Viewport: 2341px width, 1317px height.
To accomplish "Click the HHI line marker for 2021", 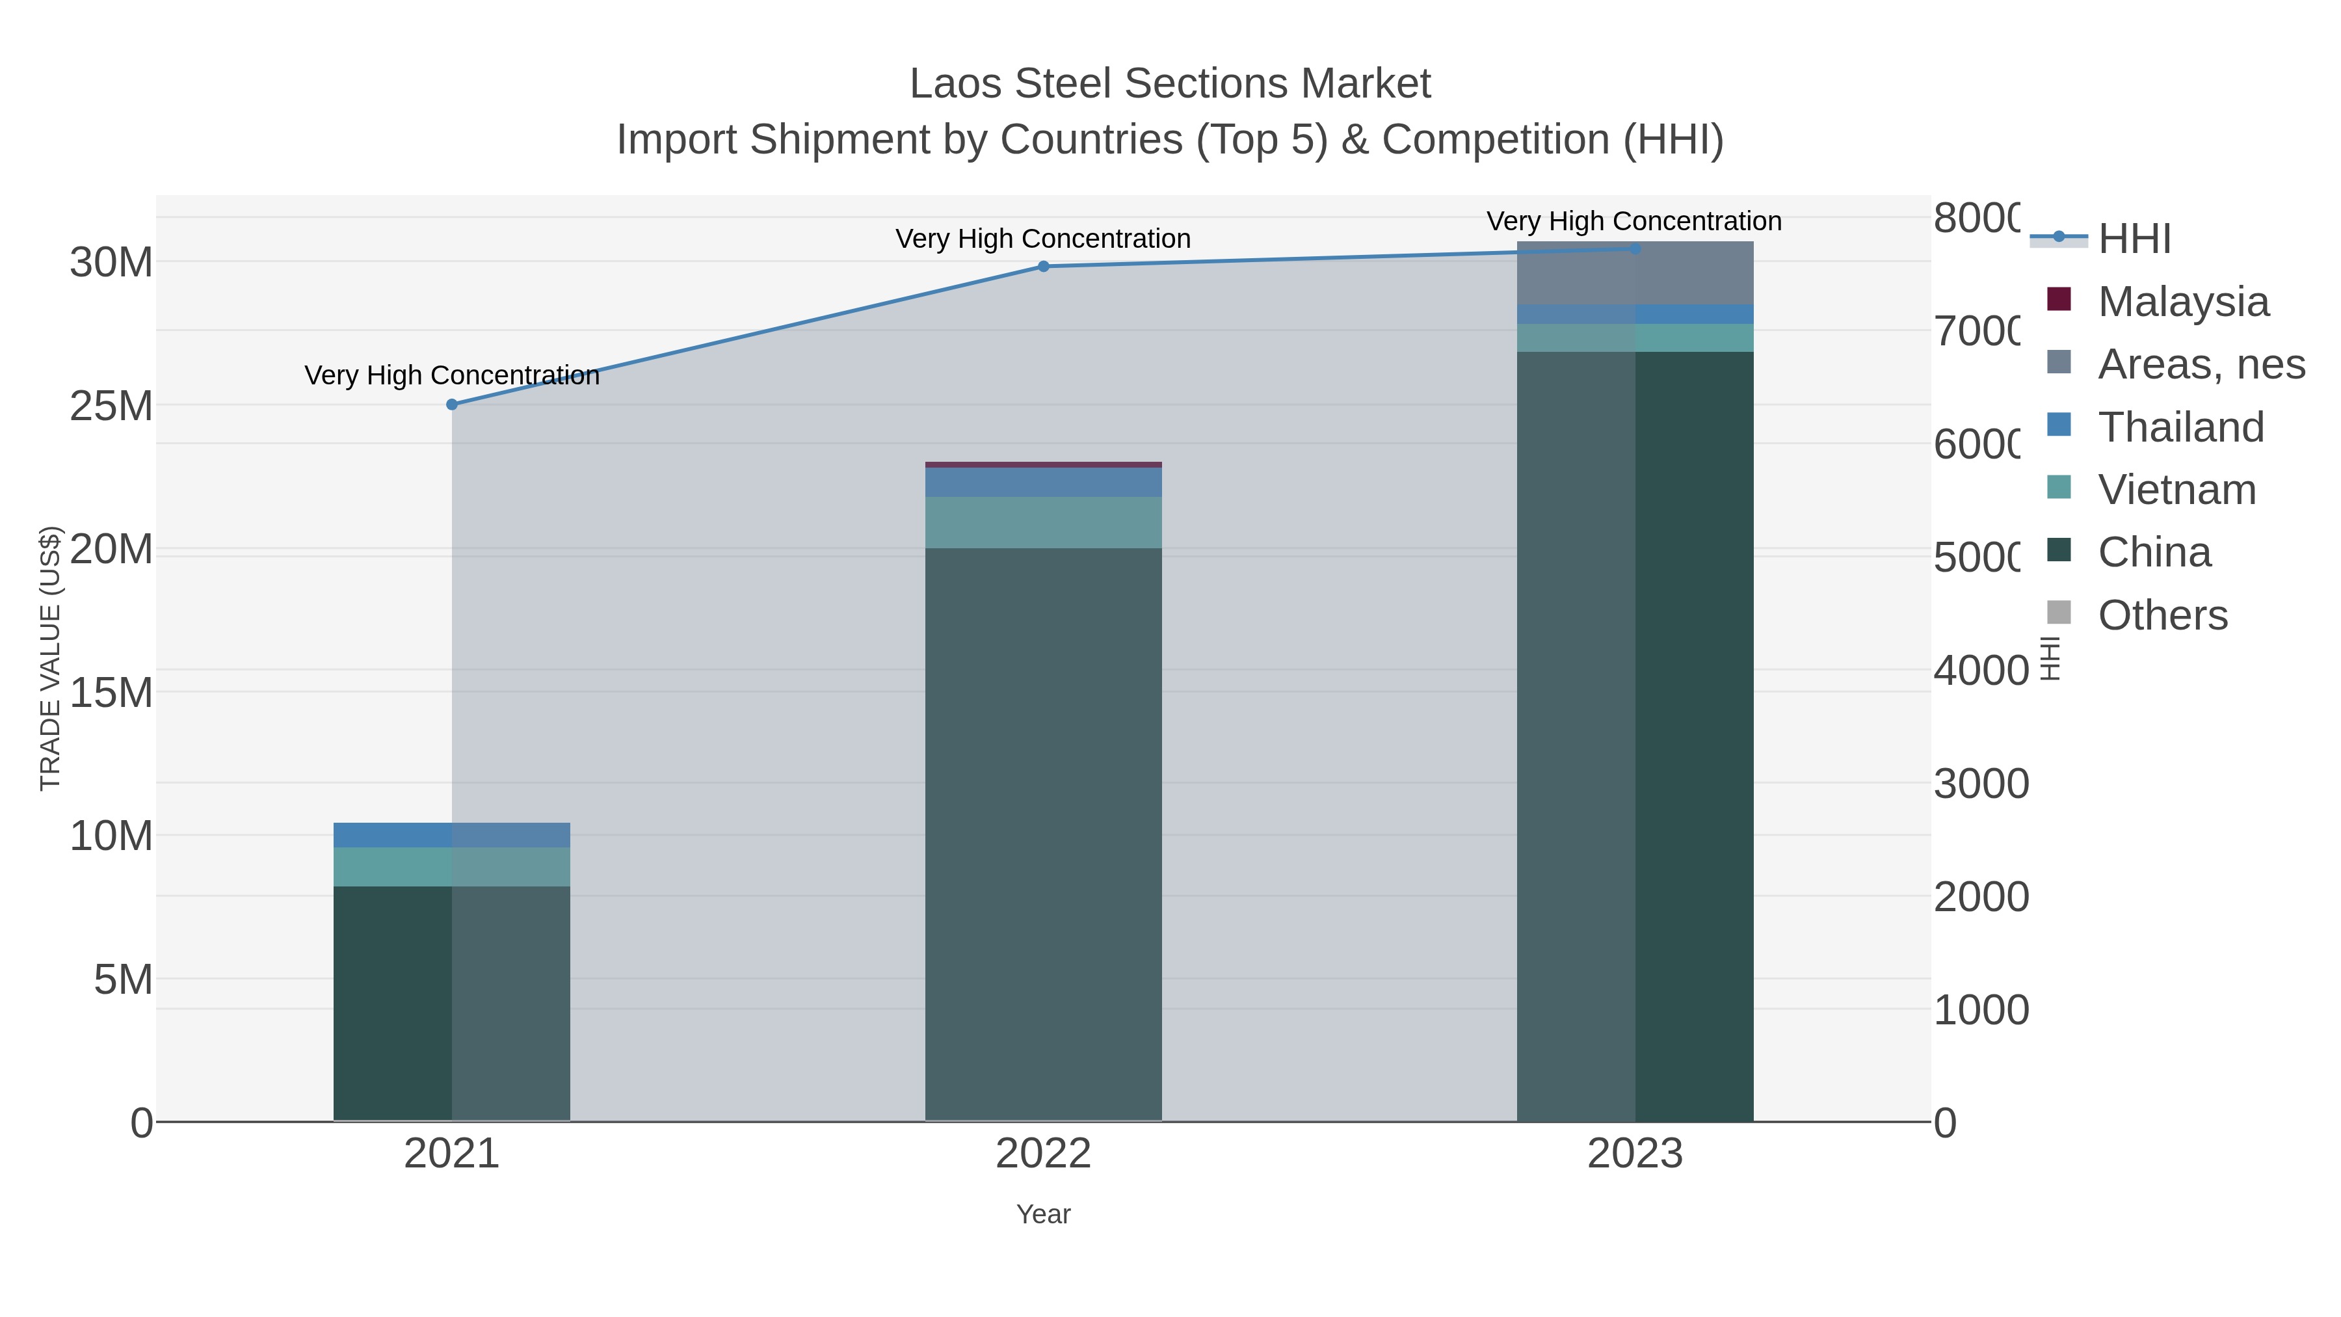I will click(x=452, y=405).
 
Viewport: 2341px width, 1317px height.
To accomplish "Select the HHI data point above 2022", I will click(x=1043, y=266).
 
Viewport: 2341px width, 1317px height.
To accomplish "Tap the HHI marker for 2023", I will click(x=1635, y=248).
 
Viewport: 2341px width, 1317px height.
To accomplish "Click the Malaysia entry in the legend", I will click(x=2183, y=302).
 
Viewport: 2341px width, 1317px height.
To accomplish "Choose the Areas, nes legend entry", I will click(x=2200, y=364).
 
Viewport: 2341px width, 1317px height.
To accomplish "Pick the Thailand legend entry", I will click(x=2180, y=427).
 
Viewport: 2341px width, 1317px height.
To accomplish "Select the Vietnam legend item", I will click(x=2176, y=490).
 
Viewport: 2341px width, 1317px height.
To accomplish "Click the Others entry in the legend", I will click(x=2162, y=615).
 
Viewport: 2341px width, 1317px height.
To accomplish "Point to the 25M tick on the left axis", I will click(x=111, y=406).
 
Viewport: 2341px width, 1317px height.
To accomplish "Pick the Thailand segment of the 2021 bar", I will click(x=452, y=834).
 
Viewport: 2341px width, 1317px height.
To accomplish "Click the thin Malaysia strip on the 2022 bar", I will click(x=1043, y=464).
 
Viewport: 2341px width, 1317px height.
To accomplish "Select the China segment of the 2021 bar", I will click(x=452, y=1000).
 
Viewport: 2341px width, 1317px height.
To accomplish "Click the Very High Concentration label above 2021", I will click(x=452, y=375).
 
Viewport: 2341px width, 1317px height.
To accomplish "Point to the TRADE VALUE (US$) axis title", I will click(x=50, y=658).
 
